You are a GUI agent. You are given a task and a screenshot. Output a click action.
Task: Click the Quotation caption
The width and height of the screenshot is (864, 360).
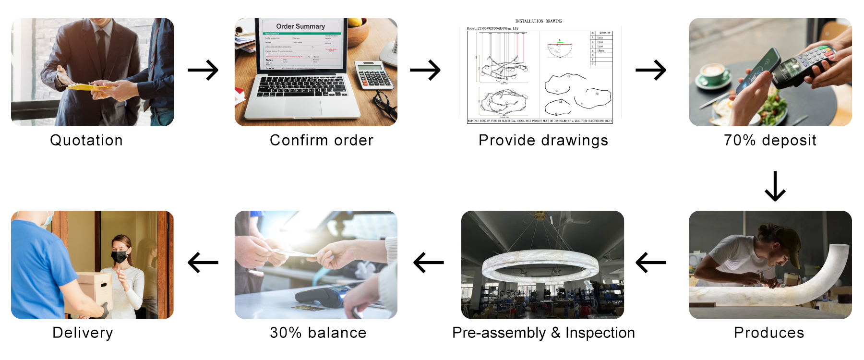tap(86, 140)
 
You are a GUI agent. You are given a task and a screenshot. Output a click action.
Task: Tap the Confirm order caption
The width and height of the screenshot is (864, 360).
tap(321, 140)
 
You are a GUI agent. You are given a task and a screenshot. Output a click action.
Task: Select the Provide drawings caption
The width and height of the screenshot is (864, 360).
tap(543, 140)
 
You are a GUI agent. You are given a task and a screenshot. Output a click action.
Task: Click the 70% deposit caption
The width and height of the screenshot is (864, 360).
tap(770, 140)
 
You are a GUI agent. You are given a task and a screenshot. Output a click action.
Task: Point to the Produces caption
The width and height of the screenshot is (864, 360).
tap(768, 333)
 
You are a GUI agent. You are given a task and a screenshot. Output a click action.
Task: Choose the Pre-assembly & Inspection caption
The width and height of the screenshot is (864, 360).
tap(543, 333)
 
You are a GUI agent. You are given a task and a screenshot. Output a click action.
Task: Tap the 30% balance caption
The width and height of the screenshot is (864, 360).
tap(318, 333)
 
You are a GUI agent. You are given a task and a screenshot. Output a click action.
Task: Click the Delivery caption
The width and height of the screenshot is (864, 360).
tap(83, 333)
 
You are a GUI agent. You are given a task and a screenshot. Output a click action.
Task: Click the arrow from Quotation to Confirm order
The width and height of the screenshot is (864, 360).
tap(203, 71)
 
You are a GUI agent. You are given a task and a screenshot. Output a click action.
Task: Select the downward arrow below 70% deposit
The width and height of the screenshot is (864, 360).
tap(775, 186)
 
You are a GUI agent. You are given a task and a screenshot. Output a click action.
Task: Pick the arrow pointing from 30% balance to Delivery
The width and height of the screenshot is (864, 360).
tap(203, 263)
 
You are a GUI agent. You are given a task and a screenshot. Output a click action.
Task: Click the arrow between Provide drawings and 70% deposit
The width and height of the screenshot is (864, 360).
tap(650, 71)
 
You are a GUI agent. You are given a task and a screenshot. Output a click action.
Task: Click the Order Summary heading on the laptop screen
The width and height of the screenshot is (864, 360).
tap(300, 26)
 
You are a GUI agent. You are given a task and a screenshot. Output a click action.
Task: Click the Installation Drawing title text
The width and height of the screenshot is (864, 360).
tap(538, 21)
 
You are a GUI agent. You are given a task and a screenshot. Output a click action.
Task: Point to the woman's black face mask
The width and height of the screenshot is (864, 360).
tap(119, 257)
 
